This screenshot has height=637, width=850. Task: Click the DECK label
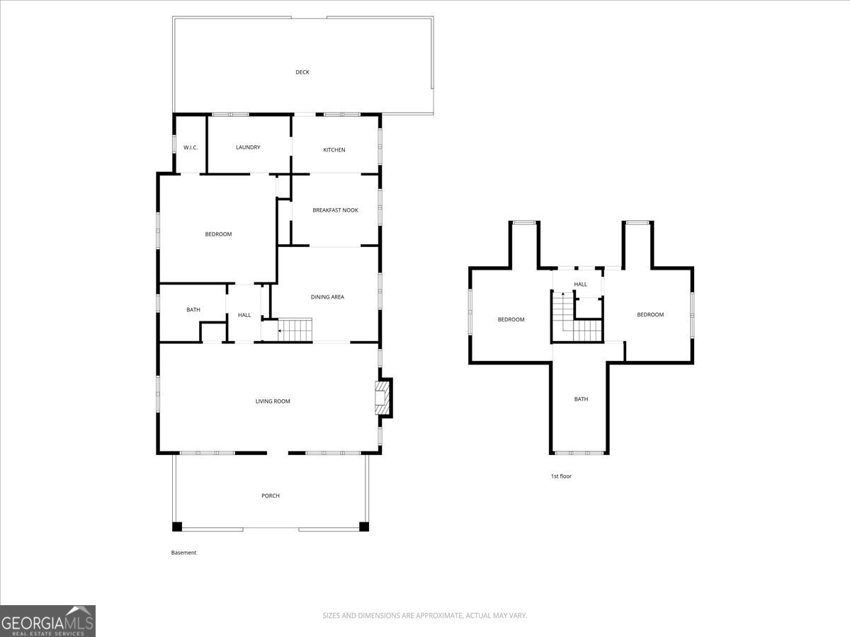(302, 72)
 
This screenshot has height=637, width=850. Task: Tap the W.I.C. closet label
(190, 147)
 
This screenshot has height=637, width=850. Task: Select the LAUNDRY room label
(248, 147)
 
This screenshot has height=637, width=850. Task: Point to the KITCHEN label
(334, 150)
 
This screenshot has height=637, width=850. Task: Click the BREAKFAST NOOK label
(335, 210)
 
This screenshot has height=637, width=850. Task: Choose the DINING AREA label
(327, 297)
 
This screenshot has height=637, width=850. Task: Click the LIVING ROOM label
(273, 401)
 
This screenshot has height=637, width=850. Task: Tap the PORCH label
(271, 495)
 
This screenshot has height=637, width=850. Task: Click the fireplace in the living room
(382, 398)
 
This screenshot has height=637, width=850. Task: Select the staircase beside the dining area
(295, 329)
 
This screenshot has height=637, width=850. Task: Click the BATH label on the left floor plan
(193, 309)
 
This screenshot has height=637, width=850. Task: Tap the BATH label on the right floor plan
(581, 399)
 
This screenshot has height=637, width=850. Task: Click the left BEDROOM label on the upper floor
(511, 319)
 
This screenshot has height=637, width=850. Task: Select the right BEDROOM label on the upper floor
(650, 314)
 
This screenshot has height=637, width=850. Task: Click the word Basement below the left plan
(183, 553)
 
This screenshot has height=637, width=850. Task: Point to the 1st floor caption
(561, 476)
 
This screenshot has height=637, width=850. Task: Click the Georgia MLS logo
(47, 621)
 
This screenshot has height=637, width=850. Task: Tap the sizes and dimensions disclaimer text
(425, 616)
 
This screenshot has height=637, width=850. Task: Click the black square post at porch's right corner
(364, 527)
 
